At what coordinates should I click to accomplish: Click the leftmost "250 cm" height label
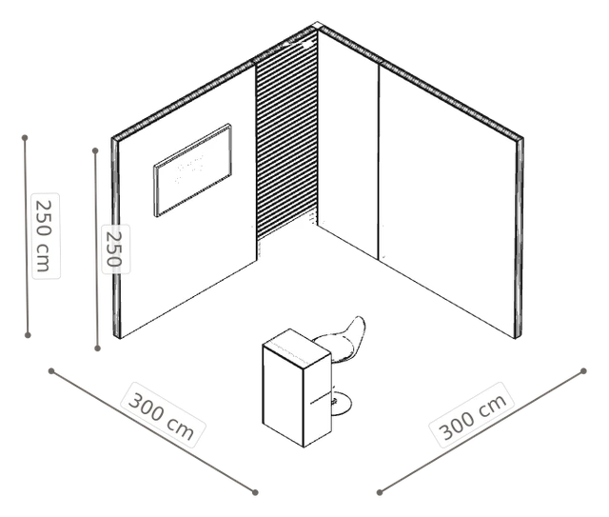[46, 236]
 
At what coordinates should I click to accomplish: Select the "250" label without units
[115, 249]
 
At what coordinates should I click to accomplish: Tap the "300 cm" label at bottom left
[163, 415]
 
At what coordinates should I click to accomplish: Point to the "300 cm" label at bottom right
[472, 415]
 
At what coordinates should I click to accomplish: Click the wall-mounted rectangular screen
[193, 170]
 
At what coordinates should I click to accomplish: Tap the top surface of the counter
[297, 348]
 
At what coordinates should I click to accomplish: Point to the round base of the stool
[342, 405]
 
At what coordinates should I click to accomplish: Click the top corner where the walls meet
[317, 25]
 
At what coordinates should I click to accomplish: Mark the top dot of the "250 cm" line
[25, 138]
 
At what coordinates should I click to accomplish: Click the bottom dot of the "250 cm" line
[28, 335]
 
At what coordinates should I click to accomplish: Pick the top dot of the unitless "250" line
[95, 150]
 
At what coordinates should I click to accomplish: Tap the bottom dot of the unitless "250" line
[97, 348]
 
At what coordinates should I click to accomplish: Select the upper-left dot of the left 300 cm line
[51, 370]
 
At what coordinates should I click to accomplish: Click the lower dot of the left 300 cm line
[255, 492]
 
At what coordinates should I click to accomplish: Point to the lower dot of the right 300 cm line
[380, 492]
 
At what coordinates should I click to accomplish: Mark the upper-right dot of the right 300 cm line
[583, 370]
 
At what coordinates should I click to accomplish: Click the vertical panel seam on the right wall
[379, 161]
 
